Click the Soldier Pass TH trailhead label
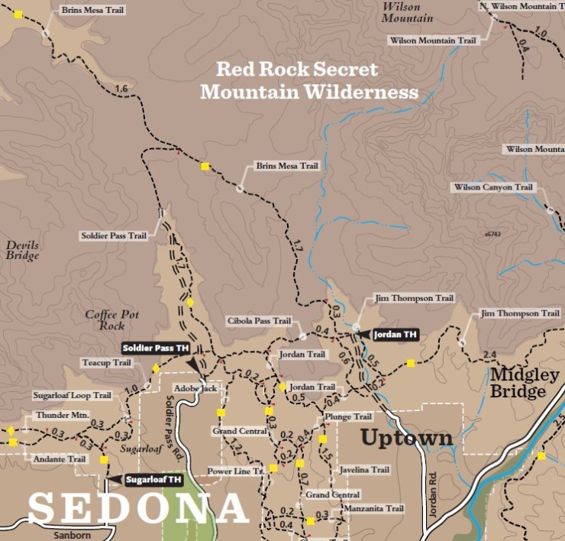click(x=156, y=348)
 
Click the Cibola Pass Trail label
click(x=259, y=321)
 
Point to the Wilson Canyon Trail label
click(x=492, y=187)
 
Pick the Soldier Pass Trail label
click(x=114, y=235)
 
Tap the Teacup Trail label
click(x=106, y=363)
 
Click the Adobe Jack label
click(x=195, y=388)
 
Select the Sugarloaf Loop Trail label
click(x=72, y=396)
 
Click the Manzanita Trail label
click(x=373, y=508)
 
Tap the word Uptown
click(x=406, y=439)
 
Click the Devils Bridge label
click(x=22, y=251)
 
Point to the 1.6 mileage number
click(x=120, y=89)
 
